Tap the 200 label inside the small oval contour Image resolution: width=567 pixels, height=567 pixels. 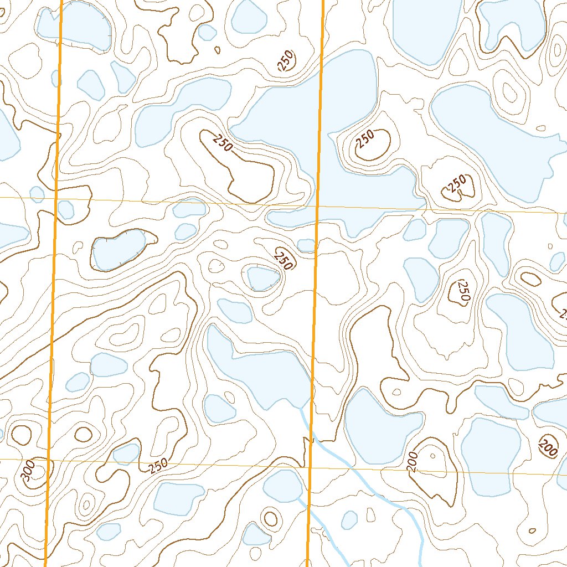click(x=549, y=446)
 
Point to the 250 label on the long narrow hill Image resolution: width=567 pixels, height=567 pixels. click(x=221, y=142)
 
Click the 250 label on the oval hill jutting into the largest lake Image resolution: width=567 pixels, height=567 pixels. click(x=365, y=138)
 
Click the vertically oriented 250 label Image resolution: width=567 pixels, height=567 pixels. click(x=463, y=291)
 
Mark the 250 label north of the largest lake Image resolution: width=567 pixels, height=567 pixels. click(x=286, y=61)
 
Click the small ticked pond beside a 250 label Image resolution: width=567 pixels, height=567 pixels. click(x=262, y=279)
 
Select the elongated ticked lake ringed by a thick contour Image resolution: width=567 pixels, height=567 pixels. click(x=118, y=249)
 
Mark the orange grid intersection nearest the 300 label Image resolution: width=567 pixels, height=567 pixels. click(x=49, y=460)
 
